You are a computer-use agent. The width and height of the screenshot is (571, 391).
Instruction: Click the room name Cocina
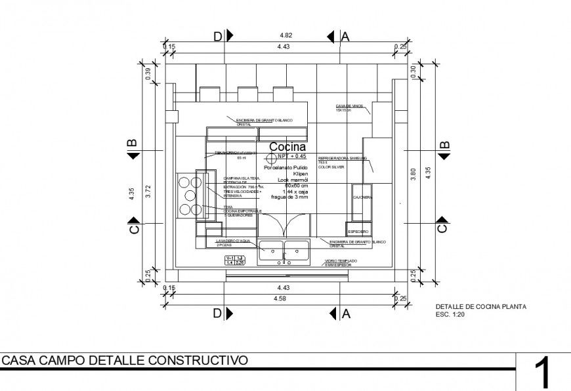(x=287, y=148)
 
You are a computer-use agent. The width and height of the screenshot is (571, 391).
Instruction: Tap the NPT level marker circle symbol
(x=270, y=158)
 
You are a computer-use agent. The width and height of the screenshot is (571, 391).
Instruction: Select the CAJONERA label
(x=362, y=197)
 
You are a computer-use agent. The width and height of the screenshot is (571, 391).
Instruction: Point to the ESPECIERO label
(x=358, y=232)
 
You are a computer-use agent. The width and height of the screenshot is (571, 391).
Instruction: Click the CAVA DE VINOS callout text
(x=349, y=107)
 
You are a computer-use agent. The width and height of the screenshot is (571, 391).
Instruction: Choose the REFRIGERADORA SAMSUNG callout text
(x=341, y=159)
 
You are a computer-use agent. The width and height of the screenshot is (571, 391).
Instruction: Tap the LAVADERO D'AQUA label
(x=230, y=241)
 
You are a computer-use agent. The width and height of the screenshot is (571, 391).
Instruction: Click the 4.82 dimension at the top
(x=285, y=35)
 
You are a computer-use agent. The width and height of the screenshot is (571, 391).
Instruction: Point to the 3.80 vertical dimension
(x=413, y=174)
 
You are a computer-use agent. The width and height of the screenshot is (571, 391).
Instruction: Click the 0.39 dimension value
(x=149, y=74)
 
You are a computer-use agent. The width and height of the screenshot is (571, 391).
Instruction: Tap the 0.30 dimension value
(x=413, y=72)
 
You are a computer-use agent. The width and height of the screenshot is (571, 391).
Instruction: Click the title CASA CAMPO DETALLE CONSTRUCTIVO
(x=125, y=360)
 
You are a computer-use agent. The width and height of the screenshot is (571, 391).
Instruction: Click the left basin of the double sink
(x=271, y=249)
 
